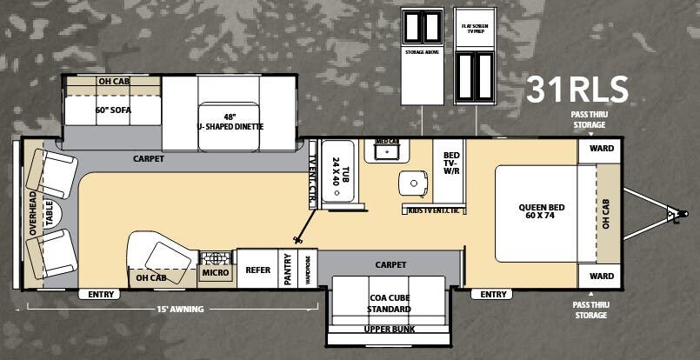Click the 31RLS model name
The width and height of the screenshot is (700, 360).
click(577, 90)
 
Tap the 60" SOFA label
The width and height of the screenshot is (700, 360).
click(113, 110)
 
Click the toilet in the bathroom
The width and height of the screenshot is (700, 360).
click(413, 183)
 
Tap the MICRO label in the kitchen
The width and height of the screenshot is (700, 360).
click(216, 273)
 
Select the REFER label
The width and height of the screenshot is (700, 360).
click(257, 270)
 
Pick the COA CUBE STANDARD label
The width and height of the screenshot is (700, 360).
click(390, 303)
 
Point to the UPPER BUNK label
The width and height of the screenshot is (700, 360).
click(390, 329)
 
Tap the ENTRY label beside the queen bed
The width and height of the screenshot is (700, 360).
click(493, 295)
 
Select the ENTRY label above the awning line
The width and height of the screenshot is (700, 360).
click(101, 295)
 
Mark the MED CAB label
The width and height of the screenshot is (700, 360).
click(387, 141)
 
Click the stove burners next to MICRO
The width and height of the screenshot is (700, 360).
click(215, 258)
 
